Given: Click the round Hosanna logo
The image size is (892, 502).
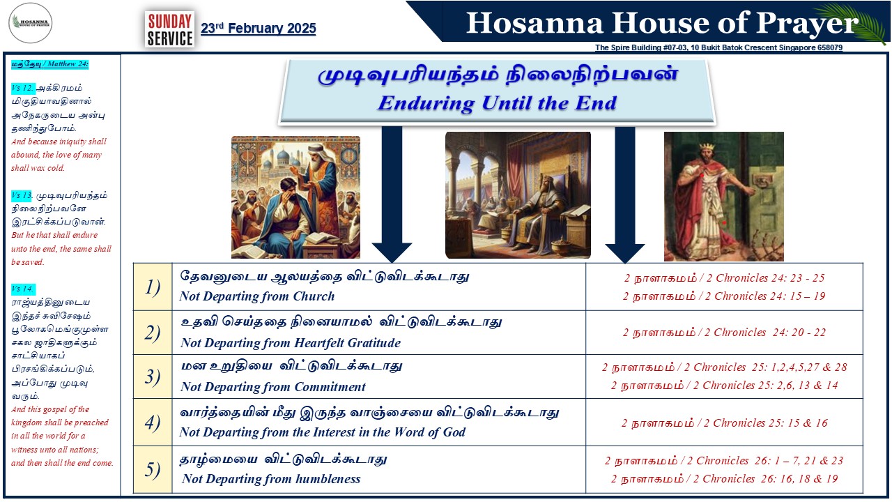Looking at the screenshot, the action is (30, 23).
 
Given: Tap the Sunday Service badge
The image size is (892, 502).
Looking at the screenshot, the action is (169, 29).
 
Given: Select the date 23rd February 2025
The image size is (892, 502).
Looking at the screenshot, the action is (258, 29).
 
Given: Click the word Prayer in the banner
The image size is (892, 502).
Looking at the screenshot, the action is (807, 24).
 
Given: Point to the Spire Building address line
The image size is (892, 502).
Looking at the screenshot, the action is (718, 47).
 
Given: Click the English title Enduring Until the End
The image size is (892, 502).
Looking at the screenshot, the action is (497, 103).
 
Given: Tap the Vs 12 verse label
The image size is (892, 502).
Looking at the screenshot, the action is (22, 88).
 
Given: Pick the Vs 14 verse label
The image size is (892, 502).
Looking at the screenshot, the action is (22, 289).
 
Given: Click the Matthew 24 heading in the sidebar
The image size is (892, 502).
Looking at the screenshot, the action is (49, 63).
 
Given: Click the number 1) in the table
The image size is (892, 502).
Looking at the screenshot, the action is (153, 287).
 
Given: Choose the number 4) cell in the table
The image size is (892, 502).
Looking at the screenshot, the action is (153, 423).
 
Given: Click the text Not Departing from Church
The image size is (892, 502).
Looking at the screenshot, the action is (257, 296).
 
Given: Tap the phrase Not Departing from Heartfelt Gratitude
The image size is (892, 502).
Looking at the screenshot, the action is (291, 342).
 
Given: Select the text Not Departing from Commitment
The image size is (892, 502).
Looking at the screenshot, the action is (272, 386).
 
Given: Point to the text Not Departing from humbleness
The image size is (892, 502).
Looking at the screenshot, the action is (271, 478).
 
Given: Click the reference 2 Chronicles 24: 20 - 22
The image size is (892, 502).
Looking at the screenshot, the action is (724, 333).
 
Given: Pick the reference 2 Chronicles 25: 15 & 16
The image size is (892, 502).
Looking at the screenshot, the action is (725, 423).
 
